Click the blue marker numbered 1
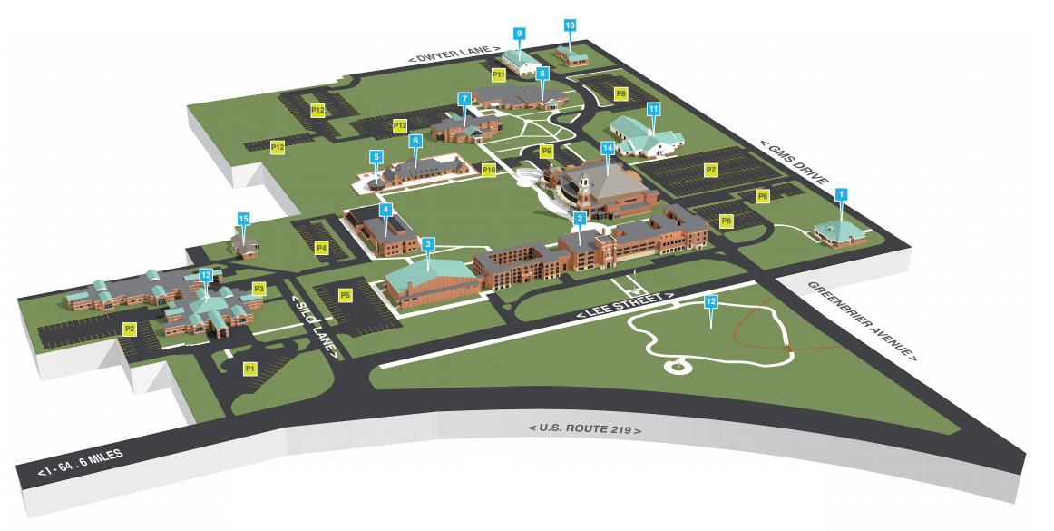pyautogui.click(x=841, y=193)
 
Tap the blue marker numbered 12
pyautogui.click(x=711, y=301)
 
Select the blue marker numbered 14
pyautogui.click(x=608, y=147)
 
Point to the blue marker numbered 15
pyautogui.click(x=242, y=219)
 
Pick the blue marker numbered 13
pyautogui.click(x=206, y=274)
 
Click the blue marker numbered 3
pyautogui.click(x=427, y=244)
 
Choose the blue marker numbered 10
pyautogui.click(x=570, y=25)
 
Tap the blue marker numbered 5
pyautogui.click(x=376, y=157)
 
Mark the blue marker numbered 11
pyautogui.click(x=652, y=109)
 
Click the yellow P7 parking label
pyautogui.click(x=711, y=170)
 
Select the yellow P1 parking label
pyautogui.click(x=250, y=369)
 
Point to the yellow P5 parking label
pyautogui.click(x=345, y=295)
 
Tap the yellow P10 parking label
pyautogui.click(x=489, y=169)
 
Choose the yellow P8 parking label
pyautogui.click(x=620, y=93)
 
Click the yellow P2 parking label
pyautogui.click(x=130, y=328)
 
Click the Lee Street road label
pyautogui.click(x=625, y=306)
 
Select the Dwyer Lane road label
pyautogui.click(x=454, y=54)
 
